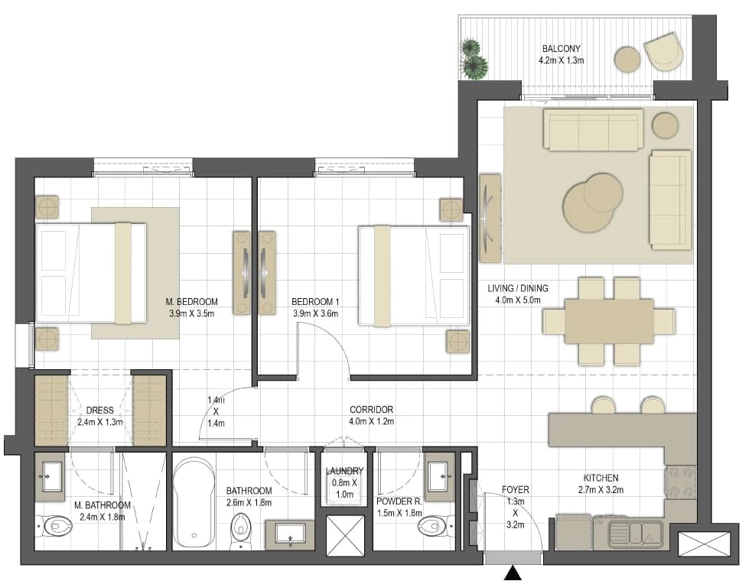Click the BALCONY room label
click(x=561, y=49)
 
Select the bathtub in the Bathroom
click(x=194, y=502)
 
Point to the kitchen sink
click(x=636, y=533)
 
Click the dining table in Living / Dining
click(x=609, y=321)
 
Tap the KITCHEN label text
click(x=601, y=478)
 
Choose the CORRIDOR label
click(x=371, y=410)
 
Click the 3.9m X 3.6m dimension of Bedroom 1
click(x=315, y=314)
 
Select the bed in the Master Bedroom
click(x=91, y=273)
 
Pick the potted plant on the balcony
click(x=474, y=59)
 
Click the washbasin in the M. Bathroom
click(x=51, y=476)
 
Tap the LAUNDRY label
click(x=343, y=471)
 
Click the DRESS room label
click(x=99, y=411)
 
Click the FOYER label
click(x=516, y=490)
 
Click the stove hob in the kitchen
click(x=680, y=482)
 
